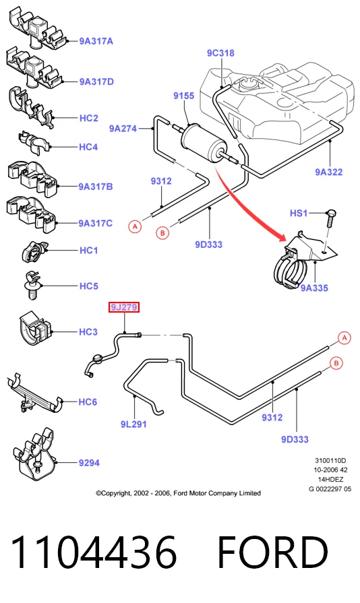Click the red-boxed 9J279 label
pos(124,307)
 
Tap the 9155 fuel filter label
pos(184,96)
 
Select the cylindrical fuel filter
pos(204,143)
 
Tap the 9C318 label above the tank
pos(220,53)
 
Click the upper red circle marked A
pos(135,226)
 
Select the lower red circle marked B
pos(336,363)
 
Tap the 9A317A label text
pos(96,41)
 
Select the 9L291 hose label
pos(133,424)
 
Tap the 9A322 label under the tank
pos(329,172)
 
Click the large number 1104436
pos(94,552)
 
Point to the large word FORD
pos(272,552)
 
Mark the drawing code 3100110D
pos(330,460)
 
